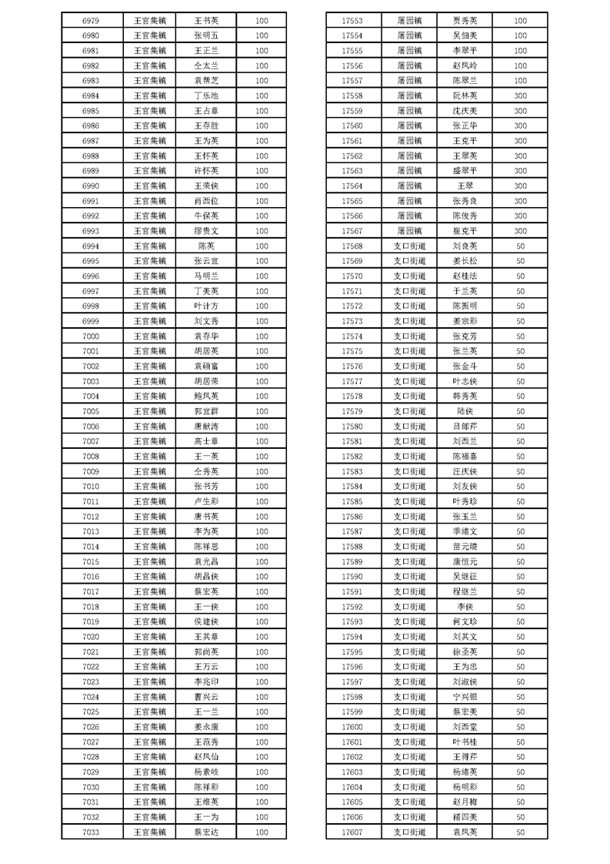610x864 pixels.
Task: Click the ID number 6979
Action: [x=90, y=21]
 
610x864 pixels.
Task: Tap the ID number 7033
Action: [x=90, y=832]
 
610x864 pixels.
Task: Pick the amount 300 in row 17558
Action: [x=520, y=95]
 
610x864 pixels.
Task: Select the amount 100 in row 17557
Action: [x=520, y=81]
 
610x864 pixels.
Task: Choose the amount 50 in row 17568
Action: [x=520, y=246]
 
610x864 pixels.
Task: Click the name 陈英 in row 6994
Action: [x=206, y=246]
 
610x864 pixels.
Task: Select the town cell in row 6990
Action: [x=150, y=186]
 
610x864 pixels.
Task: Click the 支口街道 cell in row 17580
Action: [x=409, y=426]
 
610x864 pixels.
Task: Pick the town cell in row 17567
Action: [x=409, y=231]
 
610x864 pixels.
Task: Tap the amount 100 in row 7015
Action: [x=262, y=561]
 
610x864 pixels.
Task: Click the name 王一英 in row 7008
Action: [x=206, y=456]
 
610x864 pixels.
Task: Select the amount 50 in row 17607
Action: [x=520, y=832]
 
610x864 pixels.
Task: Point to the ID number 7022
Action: [x=90, y=666]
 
